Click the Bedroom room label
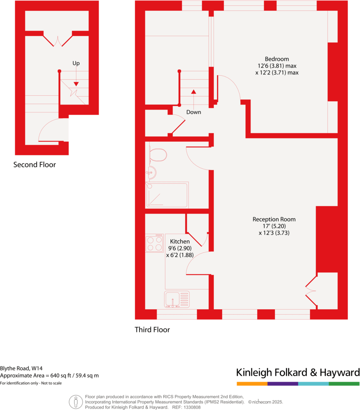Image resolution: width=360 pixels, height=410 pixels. click(276, 59)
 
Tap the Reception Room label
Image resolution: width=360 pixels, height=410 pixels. click(274, 219)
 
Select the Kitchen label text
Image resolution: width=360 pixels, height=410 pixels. click(180, 242)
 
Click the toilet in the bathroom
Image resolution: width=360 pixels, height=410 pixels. click(157, 155)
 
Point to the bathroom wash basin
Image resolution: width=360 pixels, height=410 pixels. click(152, 172)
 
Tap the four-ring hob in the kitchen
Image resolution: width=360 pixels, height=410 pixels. click(155, 243)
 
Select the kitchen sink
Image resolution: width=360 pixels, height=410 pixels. click(177, 299)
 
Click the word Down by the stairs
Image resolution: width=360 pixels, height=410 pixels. click(193, 112)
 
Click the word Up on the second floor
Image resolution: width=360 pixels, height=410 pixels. click(76, 64)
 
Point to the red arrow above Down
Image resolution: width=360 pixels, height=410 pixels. click(193, 91)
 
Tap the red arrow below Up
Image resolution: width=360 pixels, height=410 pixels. click(76, 84)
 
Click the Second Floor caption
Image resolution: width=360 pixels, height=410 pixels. click(35, 165)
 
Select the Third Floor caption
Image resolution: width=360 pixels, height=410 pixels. click(152, 330)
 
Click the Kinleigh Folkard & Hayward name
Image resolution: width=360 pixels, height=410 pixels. click(298, 372)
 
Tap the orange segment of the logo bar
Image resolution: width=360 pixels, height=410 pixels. click(252, 384)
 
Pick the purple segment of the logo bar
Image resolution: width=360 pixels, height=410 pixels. click(283, 384)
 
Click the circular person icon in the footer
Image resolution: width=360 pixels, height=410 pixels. click(76, 402)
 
